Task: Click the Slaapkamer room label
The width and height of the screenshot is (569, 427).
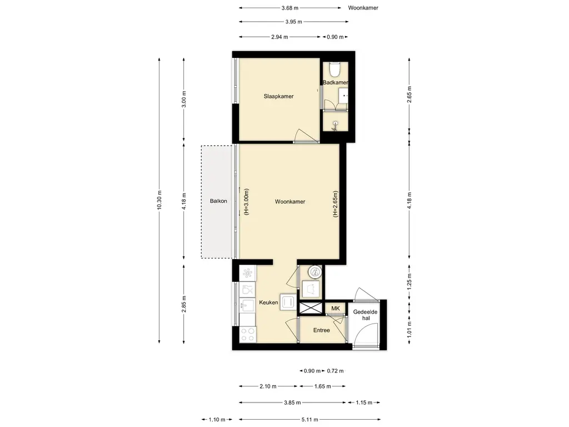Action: tap(278, 96)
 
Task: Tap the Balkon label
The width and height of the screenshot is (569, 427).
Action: tap(218, 201)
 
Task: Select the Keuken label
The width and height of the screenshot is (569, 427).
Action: tap(268, 302)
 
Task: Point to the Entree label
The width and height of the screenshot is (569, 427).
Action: tap(322, 330)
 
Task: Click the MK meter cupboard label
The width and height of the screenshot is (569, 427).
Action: tap(336, 308)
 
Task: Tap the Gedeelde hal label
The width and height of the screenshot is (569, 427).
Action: tap(366, 315)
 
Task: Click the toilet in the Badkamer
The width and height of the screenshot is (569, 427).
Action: tap(335, 69)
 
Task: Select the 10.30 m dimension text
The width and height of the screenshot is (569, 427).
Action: tap(159, 200)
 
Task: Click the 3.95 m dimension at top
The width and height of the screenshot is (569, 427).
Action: tap(293, 22)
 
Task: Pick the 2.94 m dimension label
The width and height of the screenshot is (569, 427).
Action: tap(279, 37)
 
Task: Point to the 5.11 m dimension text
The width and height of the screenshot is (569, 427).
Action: tap(310, 419)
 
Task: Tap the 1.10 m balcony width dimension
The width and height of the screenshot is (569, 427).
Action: tap(217, 419)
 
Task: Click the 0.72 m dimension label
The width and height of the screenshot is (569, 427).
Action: tap(335, 371)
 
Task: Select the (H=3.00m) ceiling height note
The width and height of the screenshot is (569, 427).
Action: tap(246, 202)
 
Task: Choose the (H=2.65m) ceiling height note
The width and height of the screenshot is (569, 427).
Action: tap(335, 204)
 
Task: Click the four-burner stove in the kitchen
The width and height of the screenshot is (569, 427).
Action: tap(248, 334)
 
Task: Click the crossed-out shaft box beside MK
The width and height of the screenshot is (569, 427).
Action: tap(311, 308)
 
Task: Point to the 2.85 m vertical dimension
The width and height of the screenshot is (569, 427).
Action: tap(183, 304)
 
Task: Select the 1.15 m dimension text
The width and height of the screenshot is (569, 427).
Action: tap(364, 403)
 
